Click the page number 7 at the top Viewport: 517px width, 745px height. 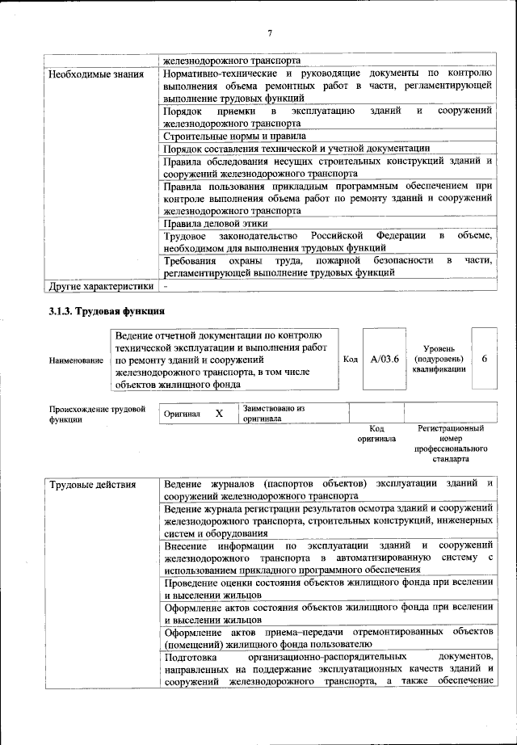[270, 32]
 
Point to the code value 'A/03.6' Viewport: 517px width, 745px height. [385, 359]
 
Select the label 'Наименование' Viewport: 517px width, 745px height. [76, 360]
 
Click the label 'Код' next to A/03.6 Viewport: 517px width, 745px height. [350, 359]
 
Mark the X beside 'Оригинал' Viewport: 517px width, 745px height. [218, 414]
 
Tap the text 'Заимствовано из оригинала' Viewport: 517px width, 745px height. [273, 414]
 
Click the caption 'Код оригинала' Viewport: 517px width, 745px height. [376, 433]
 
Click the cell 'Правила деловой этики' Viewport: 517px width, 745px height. [215, 223]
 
